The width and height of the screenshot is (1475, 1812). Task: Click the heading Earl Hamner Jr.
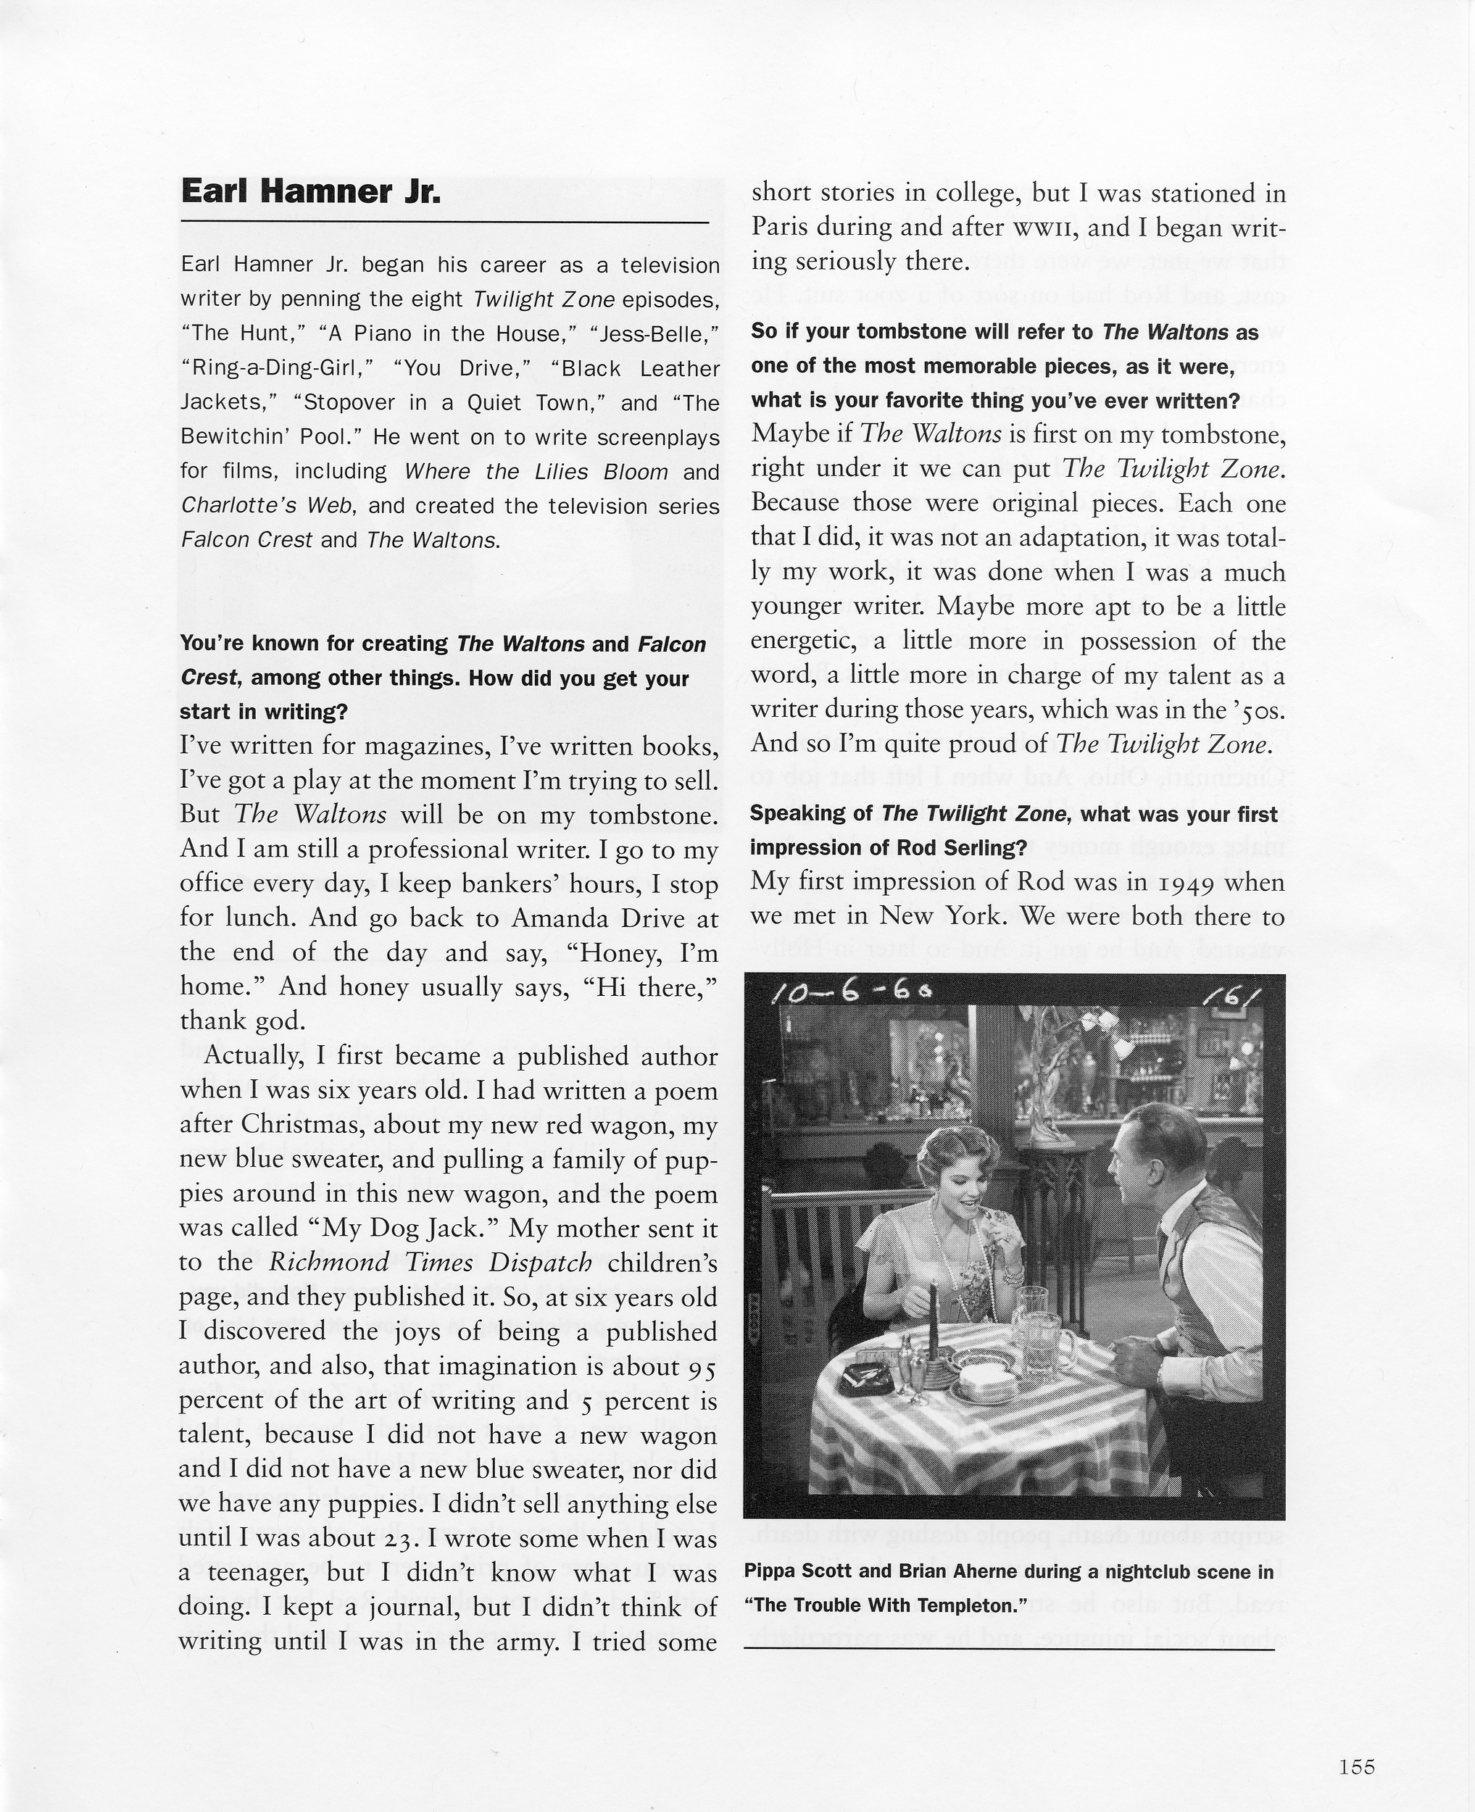tap(311, 192)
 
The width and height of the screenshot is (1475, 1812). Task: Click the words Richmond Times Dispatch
tap(431, 1263)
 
